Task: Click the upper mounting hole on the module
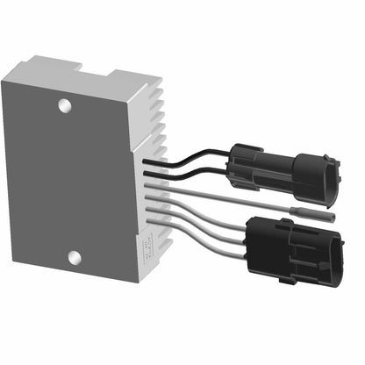(63, 105)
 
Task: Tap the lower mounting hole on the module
(74, 258)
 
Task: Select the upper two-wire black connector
(281, 171)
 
